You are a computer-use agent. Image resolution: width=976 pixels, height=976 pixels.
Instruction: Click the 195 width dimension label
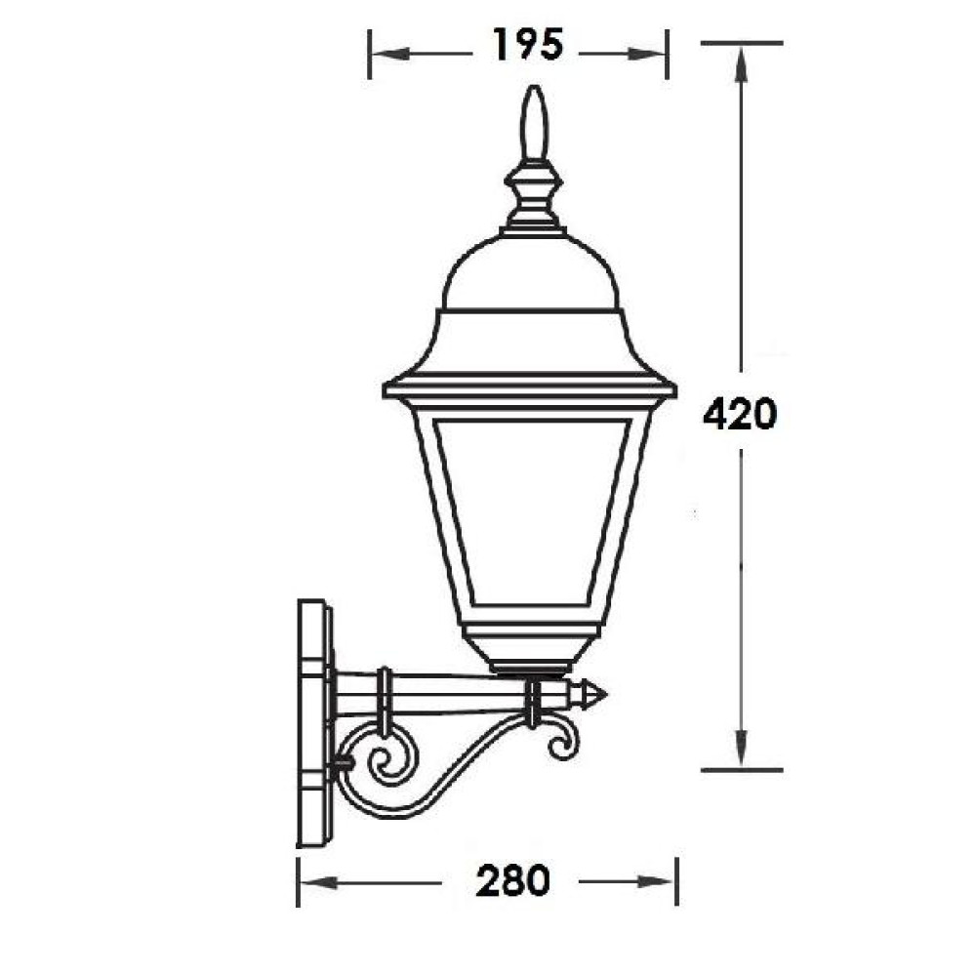528,44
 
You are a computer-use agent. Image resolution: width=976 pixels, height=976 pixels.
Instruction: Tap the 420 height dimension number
740,414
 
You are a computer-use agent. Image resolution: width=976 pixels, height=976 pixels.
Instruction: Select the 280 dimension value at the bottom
513,880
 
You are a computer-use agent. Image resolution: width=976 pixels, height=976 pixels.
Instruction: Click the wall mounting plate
313,722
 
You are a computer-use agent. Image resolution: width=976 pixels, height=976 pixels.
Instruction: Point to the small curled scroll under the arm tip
562,741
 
